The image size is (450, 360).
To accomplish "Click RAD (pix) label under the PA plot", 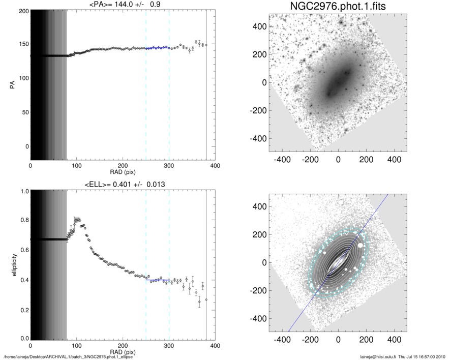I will pos(123,172).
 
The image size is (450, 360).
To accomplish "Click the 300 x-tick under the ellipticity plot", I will pos(169,346).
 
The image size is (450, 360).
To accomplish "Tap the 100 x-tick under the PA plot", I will pos(76,165).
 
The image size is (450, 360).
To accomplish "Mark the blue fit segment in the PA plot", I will pos(157,48).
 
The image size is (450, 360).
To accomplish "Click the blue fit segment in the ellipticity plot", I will pos(157,280).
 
